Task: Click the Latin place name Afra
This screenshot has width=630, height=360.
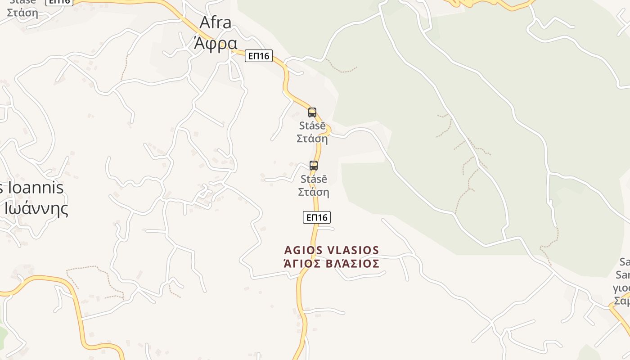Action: click(215, 22)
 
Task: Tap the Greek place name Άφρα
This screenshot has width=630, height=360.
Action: click(215, 43)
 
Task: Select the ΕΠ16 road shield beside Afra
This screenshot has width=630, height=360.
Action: click(259, 56)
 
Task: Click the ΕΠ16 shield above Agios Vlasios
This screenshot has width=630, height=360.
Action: click(317, 217)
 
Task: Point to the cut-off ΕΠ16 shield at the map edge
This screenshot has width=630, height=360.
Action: click(59, 2)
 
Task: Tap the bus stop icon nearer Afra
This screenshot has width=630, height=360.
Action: click(312, 112)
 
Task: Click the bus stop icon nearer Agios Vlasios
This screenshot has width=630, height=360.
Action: click(314, 166)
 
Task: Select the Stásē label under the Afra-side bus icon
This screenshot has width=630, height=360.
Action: click(312, 126)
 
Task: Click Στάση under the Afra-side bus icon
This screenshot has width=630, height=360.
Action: click(312, 139)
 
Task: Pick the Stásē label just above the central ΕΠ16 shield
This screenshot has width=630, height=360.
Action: click(314, 179)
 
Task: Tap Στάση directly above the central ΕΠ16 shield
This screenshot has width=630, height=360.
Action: click(314, 192)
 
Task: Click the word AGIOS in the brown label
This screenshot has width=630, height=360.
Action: click(303, 250)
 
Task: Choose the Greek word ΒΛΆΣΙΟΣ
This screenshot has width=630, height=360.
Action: click(352, 264)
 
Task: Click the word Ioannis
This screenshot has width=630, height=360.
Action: click(36, 188)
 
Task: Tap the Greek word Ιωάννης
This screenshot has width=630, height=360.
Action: click(36, 209)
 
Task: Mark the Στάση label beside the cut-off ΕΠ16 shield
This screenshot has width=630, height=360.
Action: click(22, 12)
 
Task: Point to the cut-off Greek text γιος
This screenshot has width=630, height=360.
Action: click(622, 288)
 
